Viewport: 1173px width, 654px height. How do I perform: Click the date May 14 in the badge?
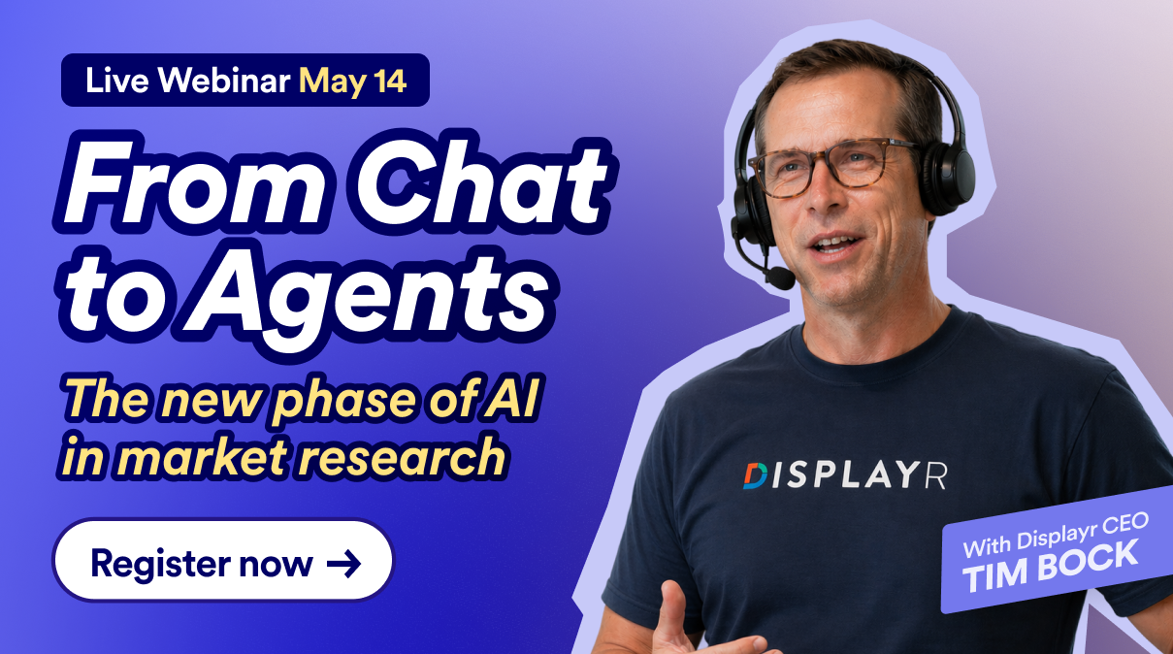352,82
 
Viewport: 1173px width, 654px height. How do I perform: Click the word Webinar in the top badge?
224,81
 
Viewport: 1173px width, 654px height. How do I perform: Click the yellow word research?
403,457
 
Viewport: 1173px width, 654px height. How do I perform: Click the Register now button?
222,560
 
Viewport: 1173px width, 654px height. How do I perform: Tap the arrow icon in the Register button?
343,564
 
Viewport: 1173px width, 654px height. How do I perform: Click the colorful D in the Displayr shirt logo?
755,475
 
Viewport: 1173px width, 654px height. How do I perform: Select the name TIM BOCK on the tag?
1050,567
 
